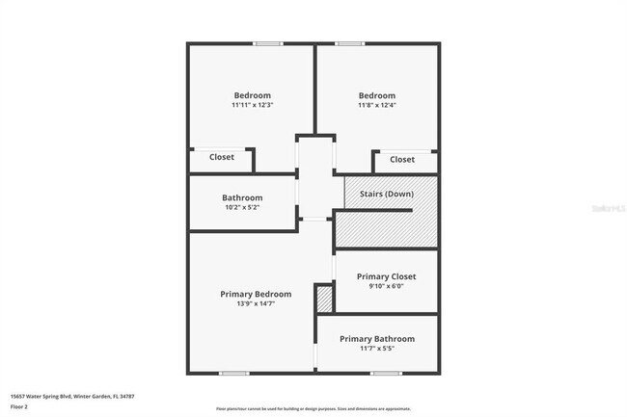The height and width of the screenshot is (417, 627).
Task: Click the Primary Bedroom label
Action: pyautogui.click(x=256, y=294)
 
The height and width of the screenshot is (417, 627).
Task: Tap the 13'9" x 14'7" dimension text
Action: pyautogui.click(x=256, y=304)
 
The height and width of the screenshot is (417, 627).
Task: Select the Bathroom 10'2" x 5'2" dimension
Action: pyautogui.click(x=242, y=208)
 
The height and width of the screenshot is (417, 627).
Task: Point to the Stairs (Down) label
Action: pyautogui.click(x=387, y=195)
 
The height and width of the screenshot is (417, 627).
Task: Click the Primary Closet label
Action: pyautogui.click(x=386, y=276)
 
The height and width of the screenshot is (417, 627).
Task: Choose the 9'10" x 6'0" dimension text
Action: pyautogui.click(x=386, y=287)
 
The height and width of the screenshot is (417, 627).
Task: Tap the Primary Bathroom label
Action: pyautogui.click(x=377, y=339)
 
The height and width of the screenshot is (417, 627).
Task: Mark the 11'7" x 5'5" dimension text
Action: pyautogui.click(x=377, y=349)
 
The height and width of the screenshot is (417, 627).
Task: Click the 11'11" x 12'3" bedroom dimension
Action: pyautogui.click(x=253, y=105)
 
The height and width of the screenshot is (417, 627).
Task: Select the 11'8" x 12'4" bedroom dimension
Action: pyautogui.click(x=377, y=105)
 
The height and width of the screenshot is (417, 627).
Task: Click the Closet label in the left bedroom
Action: pyautogui.click(x=222, y=157)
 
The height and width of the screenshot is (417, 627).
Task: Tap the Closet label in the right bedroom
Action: pyautogui.click(x=402, y=160)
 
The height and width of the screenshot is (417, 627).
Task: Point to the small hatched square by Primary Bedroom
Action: pyautogui.click(x=325, y=300)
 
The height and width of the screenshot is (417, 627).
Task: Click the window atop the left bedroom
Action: pyautogui.click(x=267, y=43)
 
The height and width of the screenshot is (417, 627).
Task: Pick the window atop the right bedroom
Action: pyautogui.click(x=349, y=43)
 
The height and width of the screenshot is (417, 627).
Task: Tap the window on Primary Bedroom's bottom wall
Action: pyautogui.click(x=234, y=374)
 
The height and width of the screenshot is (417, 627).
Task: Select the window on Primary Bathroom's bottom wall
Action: pyautogui.click(x=386, y=374)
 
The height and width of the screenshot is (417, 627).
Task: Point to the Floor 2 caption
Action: pyautogui.click(x=19, y=407)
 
